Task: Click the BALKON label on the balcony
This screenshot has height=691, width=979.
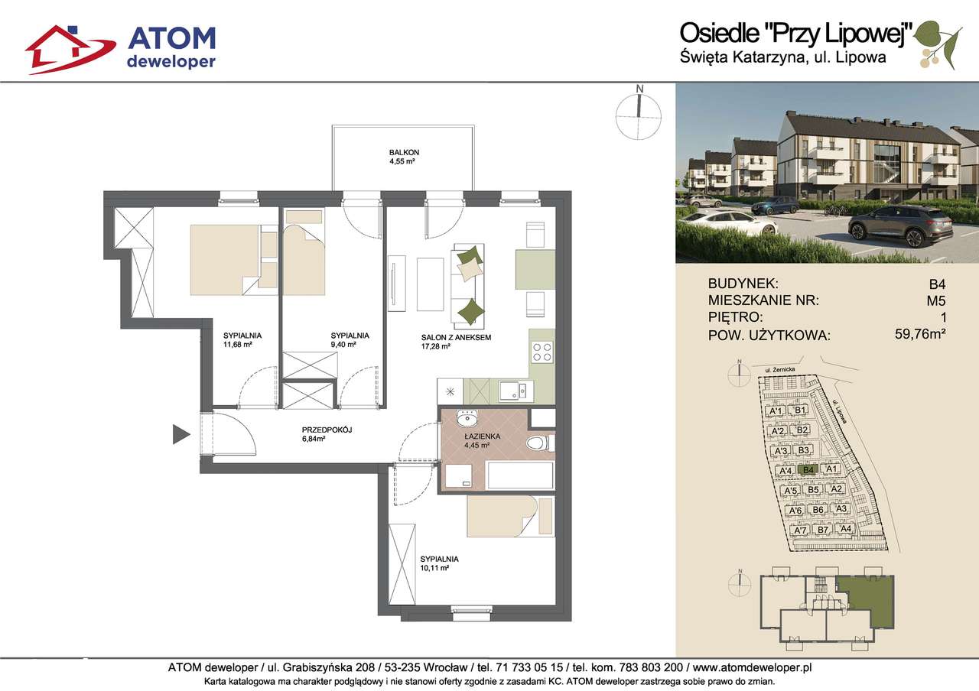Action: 404,152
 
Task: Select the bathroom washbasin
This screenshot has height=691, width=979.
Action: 467,419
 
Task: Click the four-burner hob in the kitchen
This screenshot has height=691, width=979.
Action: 542,352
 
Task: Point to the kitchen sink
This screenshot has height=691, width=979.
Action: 516,391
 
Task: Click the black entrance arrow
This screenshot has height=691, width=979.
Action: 181,434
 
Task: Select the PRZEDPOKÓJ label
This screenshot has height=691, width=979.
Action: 327,430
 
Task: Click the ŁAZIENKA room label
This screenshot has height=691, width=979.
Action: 483,436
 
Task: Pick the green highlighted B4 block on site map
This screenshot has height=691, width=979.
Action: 808,469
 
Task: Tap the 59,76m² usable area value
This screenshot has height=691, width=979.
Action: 920,334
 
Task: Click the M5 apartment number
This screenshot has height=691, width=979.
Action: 937,300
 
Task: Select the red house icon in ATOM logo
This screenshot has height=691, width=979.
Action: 70,49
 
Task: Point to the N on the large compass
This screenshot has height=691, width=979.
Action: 640,89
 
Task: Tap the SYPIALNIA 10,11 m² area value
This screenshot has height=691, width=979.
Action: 435,568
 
